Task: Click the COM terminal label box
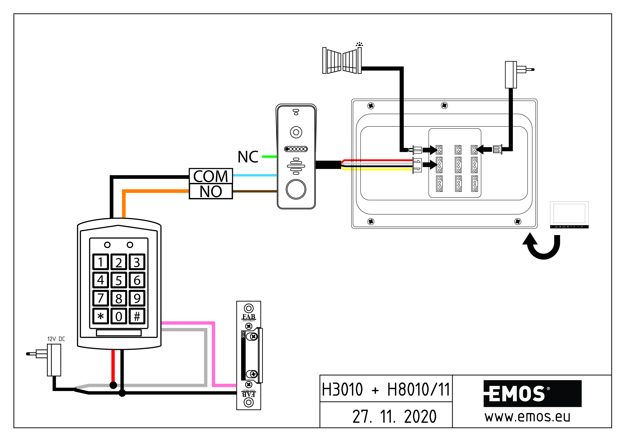pos(211,176)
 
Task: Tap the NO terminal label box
pos(211,191)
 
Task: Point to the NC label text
pos(248,157)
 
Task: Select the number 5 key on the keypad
pos(119,280)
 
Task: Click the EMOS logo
pos(532,394)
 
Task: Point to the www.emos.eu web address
pos(527,417)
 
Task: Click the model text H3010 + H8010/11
pos(386,389)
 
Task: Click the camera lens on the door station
pos(296,132)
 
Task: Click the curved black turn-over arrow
pos(542,246)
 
